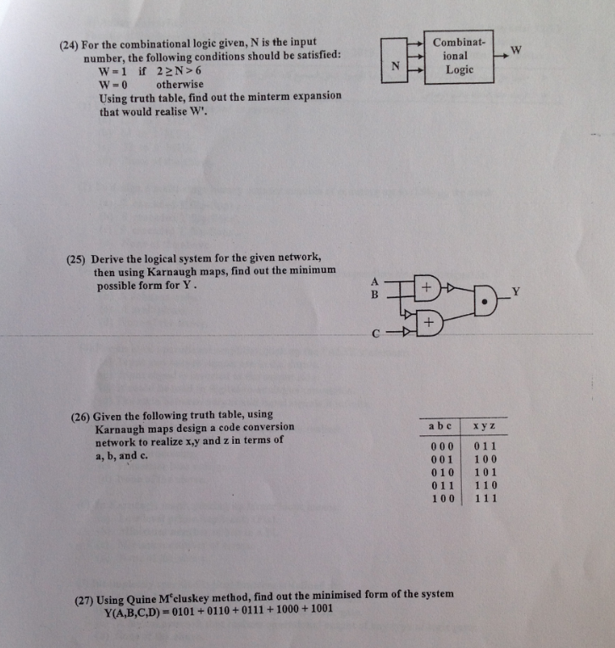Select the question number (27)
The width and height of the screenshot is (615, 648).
(86, 595)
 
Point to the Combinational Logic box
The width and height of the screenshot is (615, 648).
(459, 56)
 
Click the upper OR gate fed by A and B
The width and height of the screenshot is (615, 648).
(427, 289)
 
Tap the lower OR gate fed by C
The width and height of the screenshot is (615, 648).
(429, 324)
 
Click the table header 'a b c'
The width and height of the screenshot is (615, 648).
(441, 426)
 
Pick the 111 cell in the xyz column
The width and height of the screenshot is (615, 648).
(485, 499)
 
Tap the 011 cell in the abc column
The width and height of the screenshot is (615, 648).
(442, 485)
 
